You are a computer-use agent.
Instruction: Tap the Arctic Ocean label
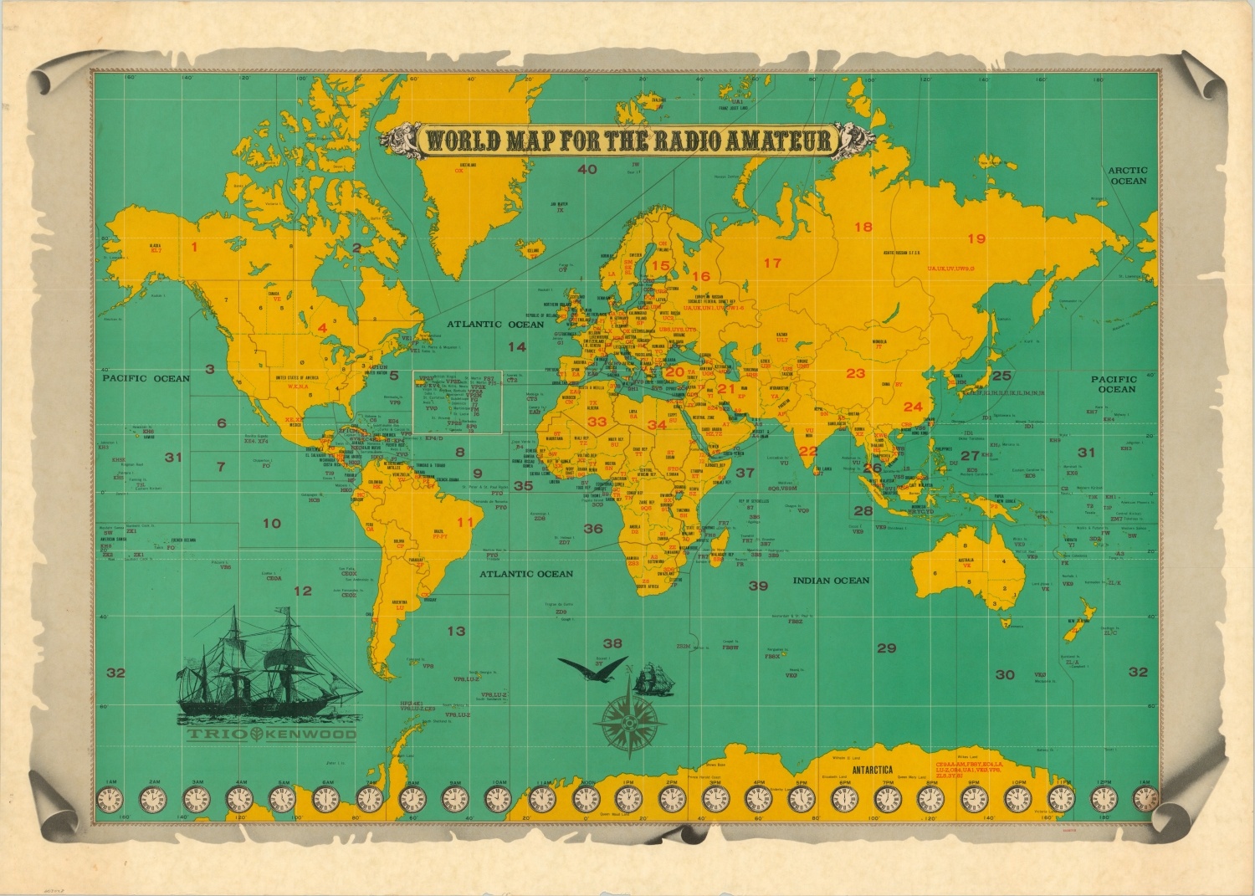1128,176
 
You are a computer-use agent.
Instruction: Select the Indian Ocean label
832,580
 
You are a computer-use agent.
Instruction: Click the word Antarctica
872,770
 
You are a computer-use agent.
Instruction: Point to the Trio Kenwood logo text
271,735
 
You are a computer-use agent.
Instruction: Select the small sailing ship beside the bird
653,678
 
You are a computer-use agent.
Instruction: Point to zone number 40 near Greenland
587,170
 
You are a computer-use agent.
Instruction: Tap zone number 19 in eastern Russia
976,239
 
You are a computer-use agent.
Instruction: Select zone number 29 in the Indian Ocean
886,648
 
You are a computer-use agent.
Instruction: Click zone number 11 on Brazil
465,523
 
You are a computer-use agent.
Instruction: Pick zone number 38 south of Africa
612,643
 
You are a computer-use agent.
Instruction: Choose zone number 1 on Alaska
194,247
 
